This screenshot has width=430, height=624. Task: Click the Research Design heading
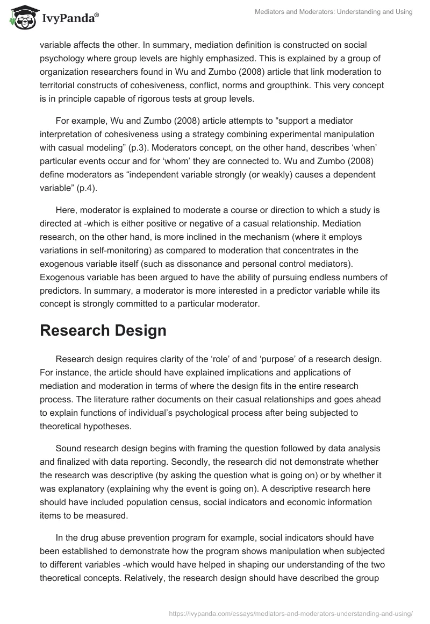click(x=103, y=331)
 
